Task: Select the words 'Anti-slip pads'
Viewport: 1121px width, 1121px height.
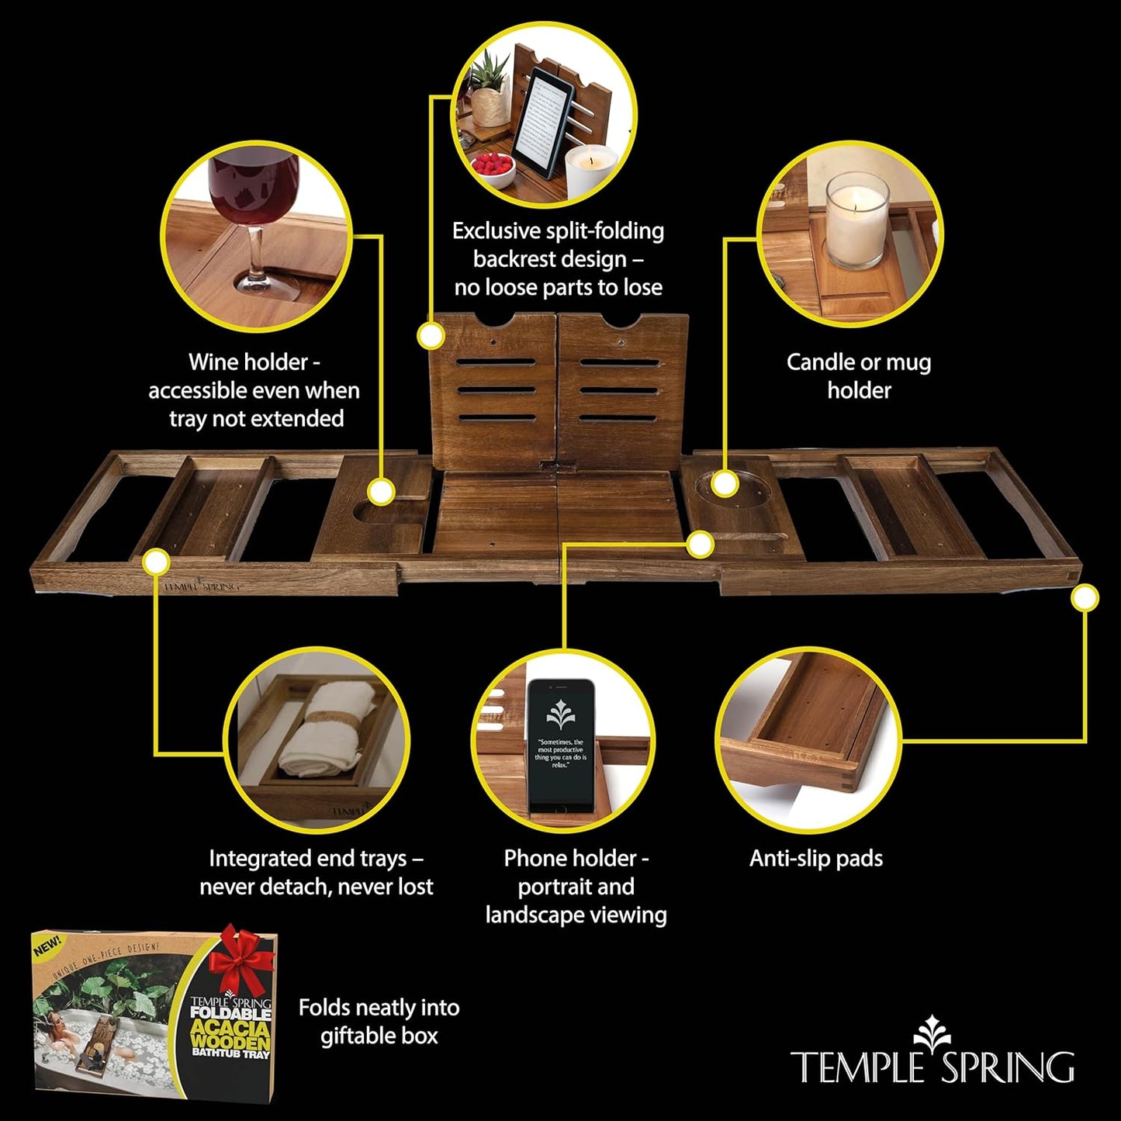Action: tap(816, 858)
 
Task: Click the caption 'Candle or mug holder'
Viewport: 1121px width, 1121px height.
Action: tap(859, 376)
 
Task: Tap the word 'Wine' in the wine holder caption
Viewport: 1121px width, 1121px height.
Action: tap(214, 362)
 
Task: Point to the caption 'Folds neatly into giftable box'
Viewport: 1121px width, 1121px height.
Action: tap(379, 1022)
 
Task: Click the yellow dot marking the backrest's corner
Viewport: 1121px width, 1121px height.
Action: tap(431, 336)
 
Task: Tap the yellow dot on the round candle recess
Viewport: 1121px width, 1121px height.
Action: tap(724, 483)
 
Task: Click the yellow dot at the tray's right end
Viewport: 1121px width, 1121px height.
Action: tap(1085, 598)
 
